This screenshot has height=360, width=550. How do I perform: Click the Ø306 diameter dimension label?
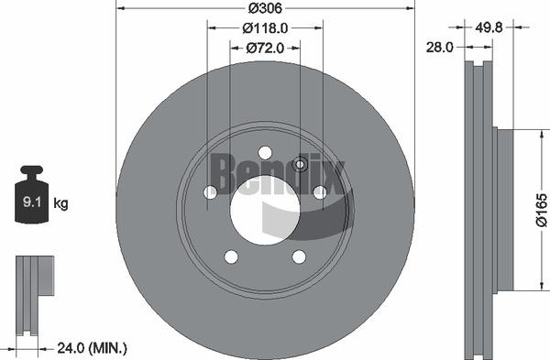(x=265, y=8)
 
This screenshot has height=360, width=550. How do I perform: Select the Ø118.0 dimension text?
(x=265, y=28)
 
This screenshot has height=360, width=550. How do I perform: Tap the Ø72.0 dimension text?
(x=265, y=48)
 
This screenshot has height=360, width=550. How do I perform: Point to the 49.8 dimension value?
(x=489, y=27)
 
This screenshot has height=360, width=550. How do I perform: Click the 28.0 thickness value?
(x=439, y=47)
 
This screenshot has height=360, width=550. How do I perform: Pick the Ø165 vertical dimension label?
(x=542, y=210)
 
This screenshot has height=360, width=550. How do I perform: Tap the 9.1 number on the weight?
(x=32, y=202)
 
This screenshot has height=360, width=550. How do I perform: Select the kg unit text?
(x=61, y=203)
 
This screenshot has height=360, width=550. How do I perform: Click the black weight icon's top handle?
(x=31, y=170)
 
